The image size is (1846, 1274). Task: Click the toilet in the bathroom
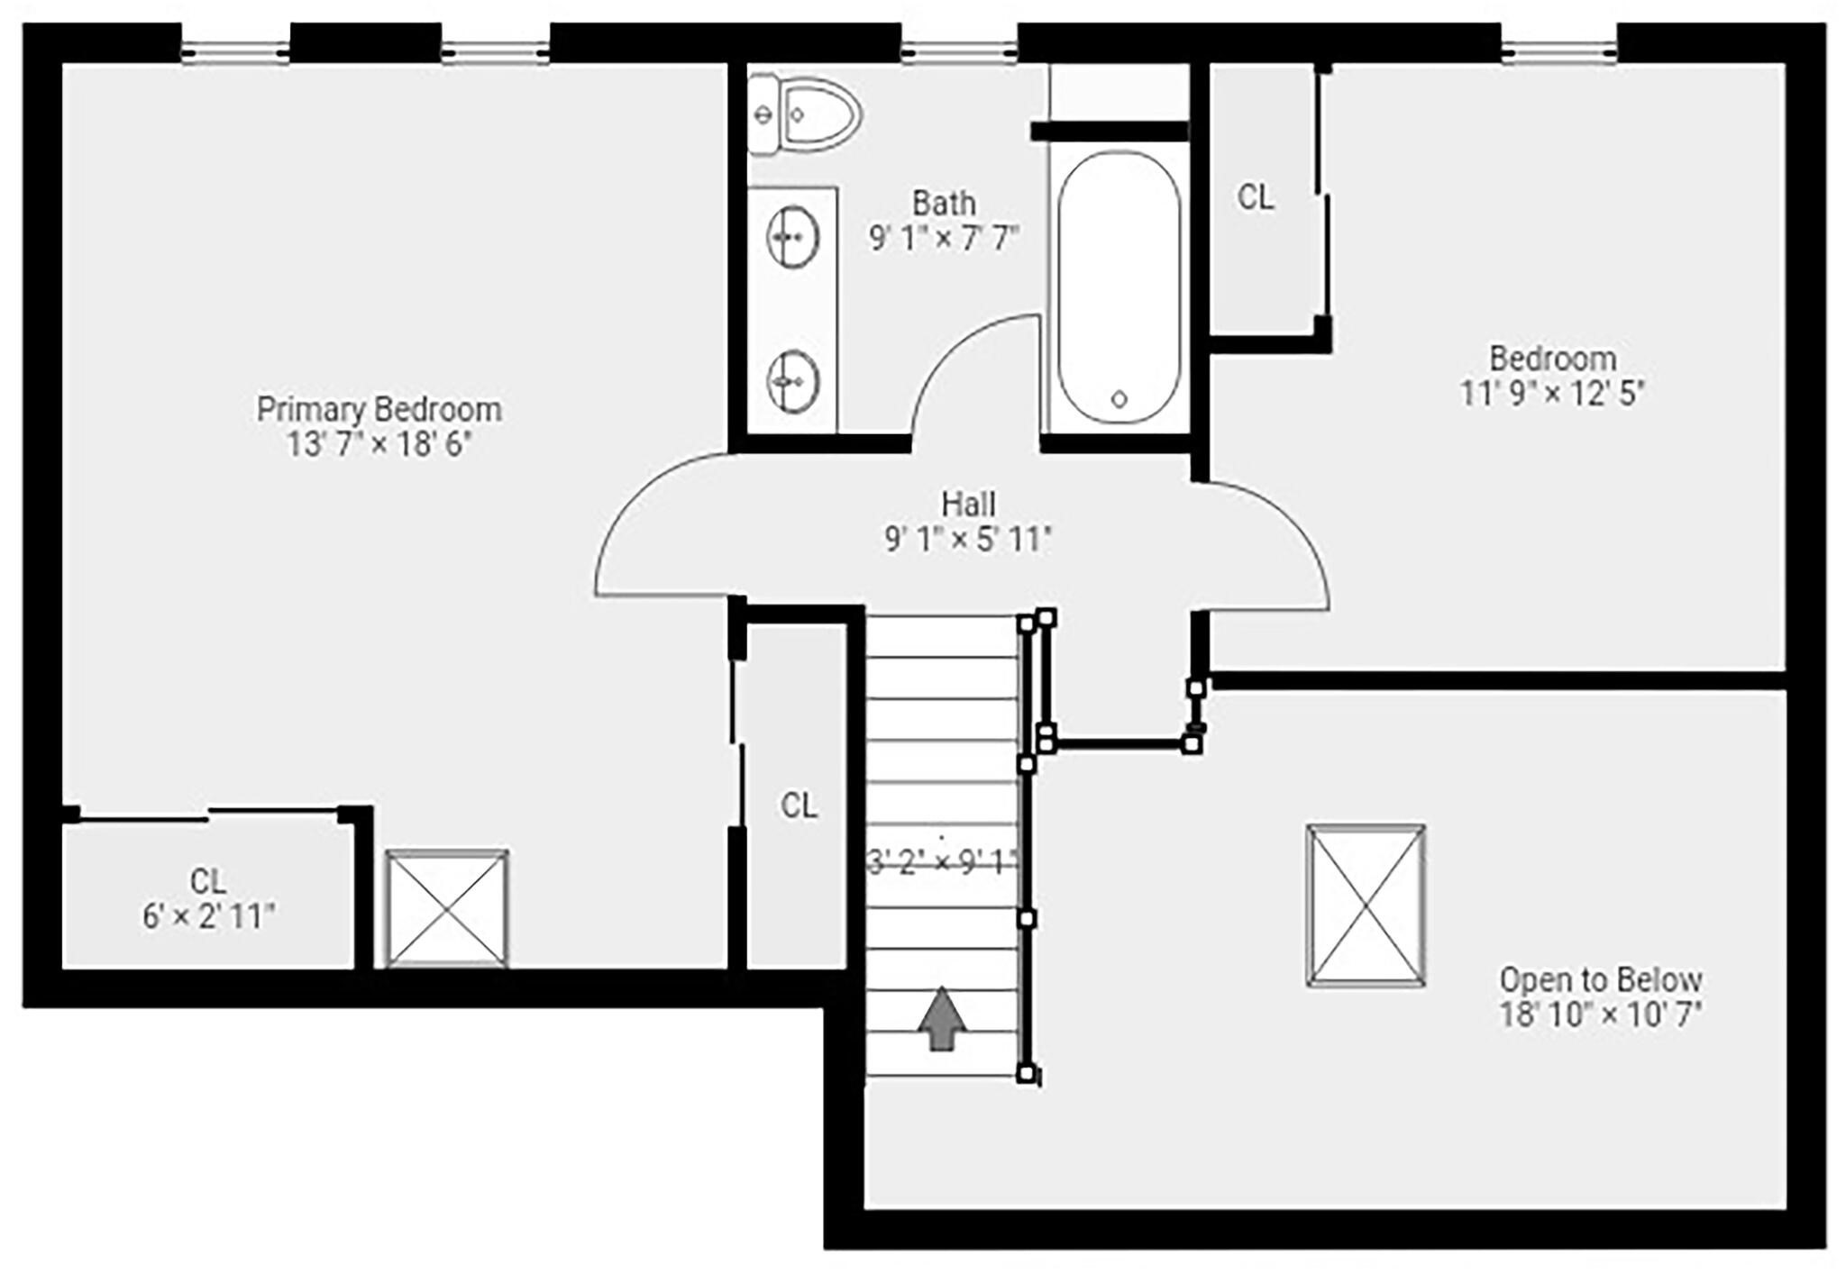(x=805, y=114)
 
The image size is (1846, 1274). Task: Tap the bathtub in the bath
(x=1119, y=287)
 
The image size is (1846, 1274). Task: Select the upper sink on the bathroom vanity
(x=792, y=237)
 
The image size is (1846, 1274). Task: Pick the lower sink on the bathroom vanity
(x=792, y=381)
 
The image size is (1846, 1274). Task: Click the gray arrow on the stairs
(x=942, y=1018)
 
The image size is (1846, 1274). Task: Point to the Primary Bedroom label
(x=379, y=409)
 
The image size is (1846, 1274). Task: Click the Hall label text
(x=969, y=503)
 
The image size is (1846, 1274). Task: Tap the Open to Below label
(x=1601, y=979)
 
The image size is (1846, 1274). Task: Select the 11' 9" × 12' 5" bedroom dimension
(x=1552, y=394)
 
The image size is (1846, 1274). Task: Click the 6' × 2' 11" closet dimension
(x=208, y=916)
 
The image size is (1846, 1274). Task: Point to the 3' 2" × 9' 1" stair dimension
(x=941, y=863)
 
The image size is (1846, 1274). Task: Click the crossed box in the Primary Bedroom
(x=447, y=908)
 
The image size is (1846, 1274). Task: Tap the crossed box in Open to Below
(x=1366, y=905)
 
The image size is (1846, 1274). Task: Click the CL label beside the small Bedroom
(x=1256, y=197)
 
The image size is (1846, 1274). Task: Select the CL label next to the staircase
(x=799, y=805)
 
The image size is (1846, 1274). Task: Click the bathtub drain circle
(x=1119, y=398)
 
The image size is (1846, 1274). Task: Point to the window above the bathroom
(x=960, y=52)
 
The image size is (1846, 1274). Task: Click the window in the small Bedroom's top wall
(x=1559, y=52)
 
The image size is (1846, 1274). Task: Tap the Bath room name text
(x=944, y=203)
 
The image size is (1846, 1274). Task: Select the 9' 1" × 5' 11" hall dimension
(x=969, y=539)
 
